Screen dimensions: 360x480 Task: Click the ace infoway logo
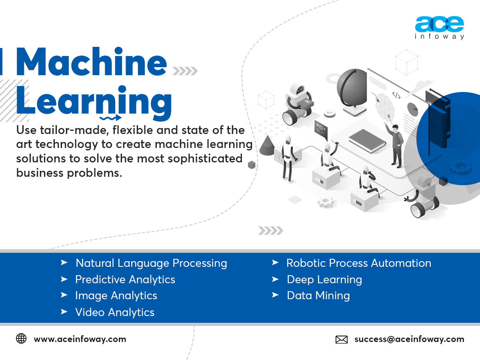(439, 28)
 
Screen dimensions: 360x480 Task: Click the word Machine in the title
(91, 62)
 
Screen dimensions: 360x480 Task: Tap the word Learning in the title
(94, 102)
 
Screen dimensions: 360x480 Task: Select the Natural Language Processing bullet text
(151, 263)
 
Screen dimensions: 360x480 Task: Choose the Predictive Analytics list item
(125, 280)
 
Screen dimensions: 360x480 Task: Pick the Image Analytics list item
(116, 296)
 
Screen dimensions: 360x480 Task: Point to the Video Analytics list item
(114, 312)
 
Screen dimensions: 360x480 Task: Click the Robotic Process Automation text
(358, 263)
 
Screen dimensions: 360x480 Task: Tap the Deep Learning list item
(324, 280)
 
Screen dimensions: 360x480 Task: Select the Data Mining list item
(318, 296)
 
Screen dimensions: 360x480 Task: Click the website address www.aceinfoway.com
(80, 339)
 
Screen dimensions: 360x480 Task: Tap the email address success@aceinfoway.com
(409, 339)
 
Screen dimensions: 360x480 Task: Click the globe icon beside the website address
(21, 339)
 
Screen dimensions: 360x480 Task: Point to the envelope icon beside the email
(341, 340)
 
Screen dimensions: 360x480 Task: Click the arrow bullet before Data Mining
(275, 295)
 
